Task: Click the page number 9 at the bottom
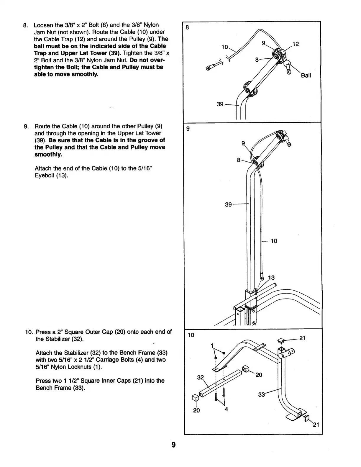click(x=173, y=445)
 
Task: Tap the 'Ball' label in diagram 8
click(x=306, y=76)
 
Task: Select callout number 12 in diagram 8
click(x=296, y=44)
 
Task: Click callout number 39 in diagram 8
click(x=220, y=104)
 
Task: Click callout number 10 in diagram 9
click(x=274, y=241)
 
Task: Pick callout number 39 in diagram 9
click(x=228, y=204)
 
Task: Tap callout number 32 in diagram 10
click(x=201, y=377)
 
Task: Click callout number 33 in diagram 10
click(x=262, y=394)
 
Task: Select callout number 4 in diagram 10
click(x=226, y=409)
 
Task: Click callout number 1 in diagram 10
click(x=212, y=346)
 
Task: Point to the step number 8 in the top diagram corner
click(x=187, y=28)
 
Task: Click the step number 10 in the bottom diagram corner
click(x=191, y=335)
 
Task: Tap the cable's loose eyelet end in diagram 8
click(x=208, y=68)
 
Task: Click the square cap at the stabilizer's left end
click(x=195, y=398)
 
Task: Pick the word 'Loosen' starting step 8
click(x=43, y=25)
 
